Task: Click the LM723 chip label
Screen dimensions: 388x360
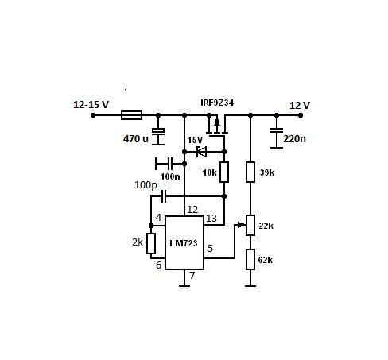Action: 184,243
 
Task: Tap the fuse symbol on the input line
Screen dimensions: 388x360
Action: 131,115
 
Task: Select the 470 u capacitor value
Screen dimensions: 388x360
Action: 136,138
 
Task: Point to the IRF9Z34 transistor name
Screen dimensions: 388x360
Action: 217,103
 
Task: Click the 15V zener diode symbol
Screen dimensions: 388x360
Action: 201,152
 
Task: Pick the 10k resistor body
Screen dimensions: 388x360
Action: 224,172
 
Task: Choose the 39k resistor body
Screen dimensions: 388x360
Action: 250,172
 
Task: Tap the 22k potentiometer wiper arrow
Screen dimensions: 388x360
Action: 241,225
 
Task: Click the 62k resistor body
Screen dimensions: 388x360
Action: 250,259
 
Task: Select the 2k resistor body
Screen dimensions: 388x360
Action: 151,243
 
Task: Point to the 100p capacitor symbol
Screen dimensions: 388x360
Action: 164,196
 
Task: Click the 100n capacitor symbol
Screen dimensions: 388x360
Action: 169,164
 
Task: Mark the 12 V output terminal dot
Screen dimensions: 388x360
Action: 301,115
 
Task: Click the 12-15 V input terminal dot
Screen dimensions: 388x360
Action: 93,115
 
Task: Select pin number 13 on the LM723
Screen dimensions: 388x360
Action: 211,219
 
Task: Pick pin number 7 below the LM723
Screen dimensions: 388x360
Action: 192,276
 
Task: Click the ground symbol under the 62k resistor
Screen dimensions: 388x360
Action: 250,286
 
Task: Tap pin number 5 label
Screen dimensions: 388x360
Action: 210,249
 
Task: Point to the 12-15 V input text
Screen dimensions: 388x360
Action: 91,105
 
